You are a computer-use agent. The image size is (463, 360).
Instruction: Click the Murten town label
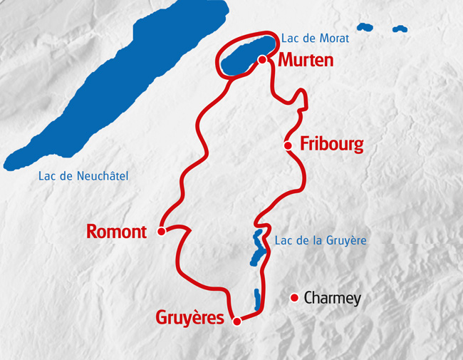tap(306, 61)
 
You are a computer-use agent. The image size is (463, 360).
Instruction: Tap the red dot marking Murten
tap(262, 60)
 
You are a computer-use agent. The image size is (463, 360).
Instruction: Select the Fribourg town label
tap(332, 145)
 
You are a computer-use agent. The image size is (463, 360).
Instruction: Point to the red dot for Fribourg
tap(288, 145)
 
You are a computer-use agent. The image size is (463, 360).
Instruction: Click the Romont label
tap(116, 232)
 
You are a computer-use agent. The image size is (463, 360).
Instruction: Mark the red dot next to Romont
tap(161, 231)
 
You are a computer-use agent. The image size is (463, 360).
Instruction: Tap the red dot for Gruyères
tap(237, 321)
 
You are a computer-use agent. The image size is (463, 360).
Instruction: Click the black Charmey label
tap(332, 298)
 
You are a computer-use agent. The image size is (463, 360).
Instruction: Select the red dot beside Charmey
tap(293, 297)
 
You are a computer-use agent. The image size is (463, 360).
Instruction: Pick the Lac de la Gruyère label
tap(321, 241)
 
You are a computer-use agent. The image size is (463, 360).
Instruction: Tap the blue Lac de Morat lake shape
tap(246, 54)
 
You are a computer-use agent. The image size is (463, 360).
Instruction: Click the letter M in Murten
tap(286, 61)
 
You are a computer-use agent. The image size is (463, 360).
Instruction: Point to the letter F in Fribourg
tap(304, 145)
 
